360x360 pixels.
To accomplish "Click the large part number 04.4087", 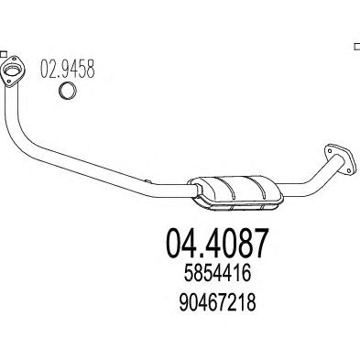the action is [217, 243].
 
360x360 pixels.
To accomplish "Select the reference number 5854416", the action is [217, 273].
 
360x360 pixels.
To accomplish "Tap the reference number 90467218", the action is [217, 302].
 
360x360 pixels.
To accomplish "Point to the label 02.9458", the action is [68, 69].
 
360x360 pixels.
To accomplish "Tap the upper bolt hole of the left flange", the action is [14, 60].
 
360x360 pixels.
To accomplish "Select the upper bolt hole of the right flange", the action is [330, 150].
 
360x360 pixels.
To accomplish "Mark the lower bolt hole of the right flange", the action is [349, 169].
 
